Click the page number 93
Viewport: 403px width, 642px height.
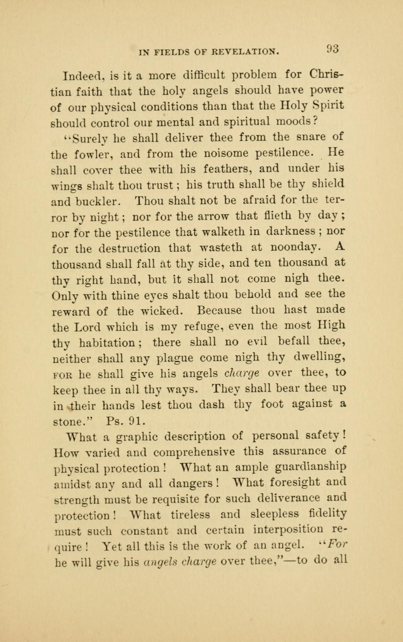(333, 49)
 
